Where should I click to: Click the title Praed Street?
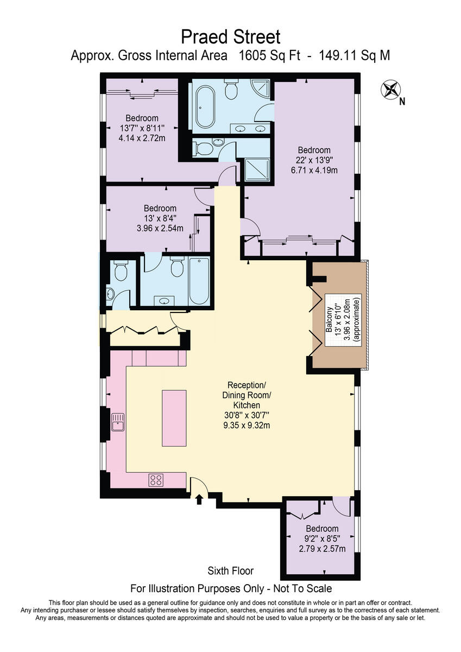coord(231,37)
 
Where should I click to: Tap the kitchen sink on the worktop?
coord(117,421)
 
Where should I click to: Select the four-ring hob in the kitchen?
coord(157,480)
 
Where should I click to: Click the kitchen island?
coord(174,417)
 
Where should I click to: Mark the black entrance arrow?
coord(199,499)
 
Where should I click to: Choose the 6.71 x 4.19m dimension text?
coord(314,170)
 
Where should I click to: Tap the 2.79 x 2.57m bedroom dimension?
coord(322,549)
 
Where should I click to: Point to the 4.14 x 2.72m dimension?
coord(142,139)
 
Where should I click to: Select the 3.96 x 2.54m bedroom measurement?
coord(160,228)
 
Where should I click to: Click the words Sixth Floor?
coord(231,571)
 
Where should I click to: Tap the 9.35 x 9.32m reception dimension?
coord(247,425)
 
